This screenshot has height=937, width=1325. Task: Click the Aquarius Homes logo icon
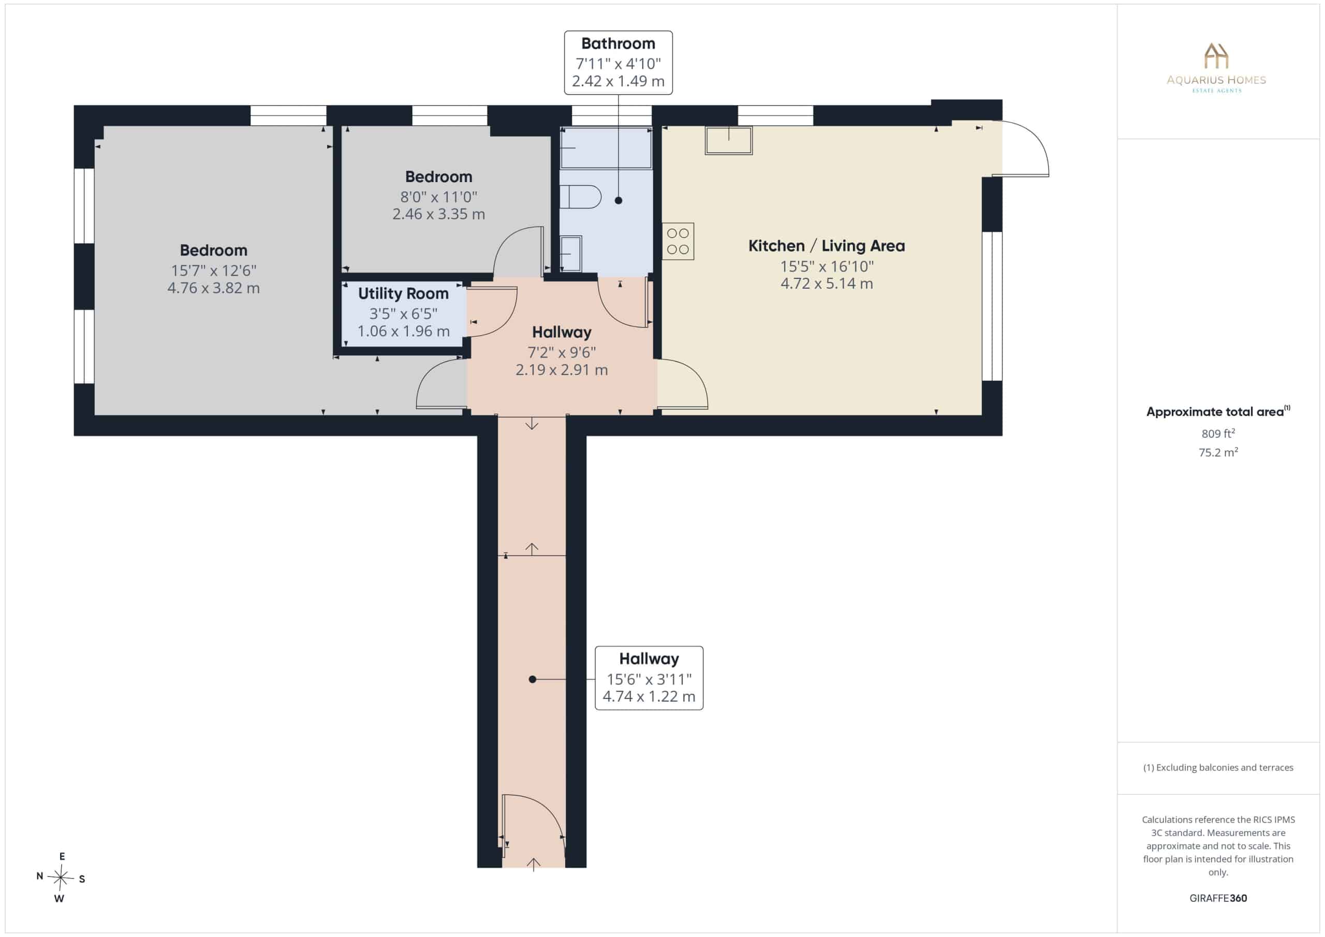(x=1216, y=56)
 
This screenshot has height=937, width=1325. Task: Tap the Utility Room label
(x=403, y=294)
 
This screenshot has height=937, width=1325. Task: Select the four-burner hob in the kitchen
(x=678, y=241)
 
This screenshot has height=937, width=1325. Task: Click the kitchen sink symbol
(x=728, y=140)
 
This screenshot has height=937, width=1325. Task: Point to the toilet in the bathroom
(x=581, y=197)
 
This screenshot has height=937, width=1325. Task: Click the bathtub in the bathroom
(x=606, y=147)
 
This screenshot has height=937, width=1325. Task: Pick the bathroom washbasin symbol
(x=571, y=254)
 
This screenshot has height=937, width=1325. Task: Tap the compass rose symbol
(x=60, y=878)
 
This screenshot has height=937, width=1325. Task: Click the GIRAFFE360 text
(x=1218, y=898)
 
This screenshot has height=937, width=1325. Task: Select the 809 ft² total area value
(x=1218, y=433)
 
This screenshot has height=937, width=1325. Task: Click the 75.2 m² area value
(x=1218, y=452)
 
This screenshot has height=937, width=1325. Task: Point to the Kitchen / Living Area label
(x=827, y=246)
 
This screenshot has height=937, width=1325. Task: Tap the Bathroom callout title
(x=618, y=44)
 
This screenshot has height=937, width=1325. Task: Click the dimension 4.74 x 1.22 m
(x=649, y=696)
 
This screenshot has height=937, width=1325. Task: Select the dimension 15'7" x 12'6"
(x=214, y=270)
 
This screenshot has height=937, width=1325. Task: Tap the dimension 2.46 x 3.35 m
(x=438, y=214)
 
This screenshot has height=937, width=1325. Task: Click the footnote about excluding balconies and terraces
(x=1218, y=767)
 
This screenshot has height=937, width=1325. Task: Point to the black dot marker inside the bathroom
(x=618, y=201)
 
